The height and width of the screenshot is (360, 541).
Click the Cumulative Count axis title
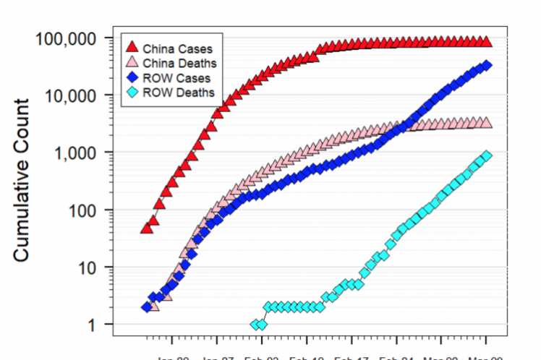pyautogui.click(x=24, y=180)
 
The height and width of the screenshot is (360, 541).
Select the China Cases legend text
pyautogui.click(x=177, y=50)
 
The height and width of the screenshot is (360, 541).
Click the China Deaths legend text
pyautogui.click(x=179, y=64)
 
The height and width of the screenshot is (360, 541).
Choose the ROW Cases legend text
pyautogui.click(x=176, y=78)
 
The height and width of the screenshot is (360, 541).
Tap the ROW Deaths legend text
pyautogui.click(x=179, y=92)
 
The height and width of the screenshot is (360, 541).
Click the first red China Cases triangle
pyautogui.click(x=146, y=228)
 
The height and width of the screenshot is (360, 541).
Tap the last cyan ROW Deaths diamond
pyautogui.click(x=486, y=155)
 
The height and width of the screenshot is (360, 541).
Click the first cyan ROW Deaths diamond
pyautogui.click(x=255, y=325)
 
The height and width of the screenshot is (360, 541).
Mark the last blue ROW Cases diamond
pyautogui.click(x=486, y=66)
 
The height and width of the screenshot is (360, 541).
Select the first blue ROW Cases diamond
pyautogui.click(x=147, y=307)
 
